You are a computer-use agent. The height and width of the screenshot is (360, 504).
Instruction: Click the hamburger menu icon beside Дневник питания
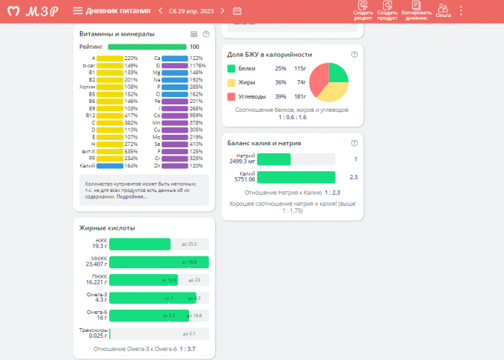tap(78, 10)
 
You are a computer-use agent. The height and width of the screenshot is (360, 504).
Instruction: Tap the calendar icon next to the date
tap(236, 10)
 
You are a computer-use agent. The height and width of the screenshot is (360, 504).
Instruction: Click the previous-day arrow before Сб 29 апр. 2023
tap(160, 10)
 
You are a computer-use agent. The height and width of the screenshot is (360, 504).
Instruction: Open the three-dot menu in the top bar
tap(461, 10)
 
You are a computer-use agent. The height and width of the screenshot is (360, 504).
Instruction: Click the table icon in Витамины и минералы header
tap(194, 34)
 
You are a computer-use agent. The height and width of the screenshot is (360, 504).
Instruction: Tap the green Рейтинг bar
tap(147, 47)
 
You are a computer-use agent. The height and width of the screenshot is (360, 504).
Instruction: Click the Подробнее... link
tap(131, 196)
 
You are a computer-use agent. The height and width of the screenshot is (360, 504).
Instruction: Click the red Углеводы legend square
tap(231, 96)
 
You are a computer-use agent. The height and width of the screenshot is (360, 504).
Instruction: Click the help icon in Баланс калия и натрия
tap(354, 143)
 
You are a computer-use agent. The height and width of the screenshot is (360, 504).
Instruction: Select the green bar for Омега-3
tap(153, 298)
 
